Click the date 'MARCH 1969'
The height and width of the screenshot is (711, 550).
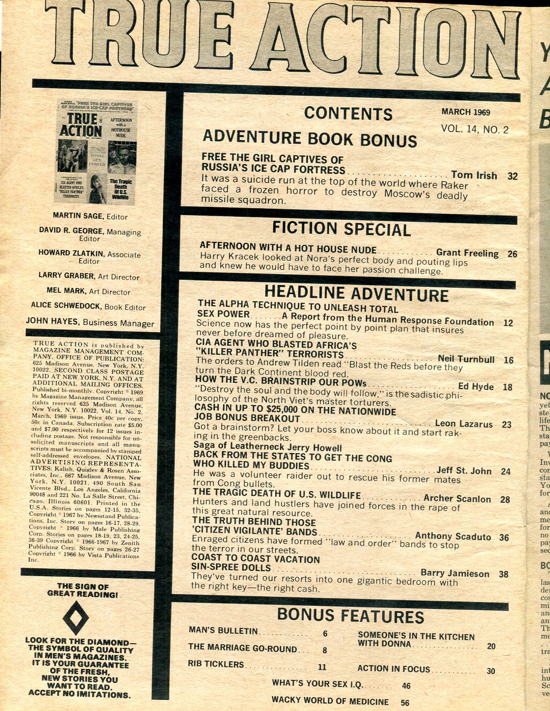pos(466,112)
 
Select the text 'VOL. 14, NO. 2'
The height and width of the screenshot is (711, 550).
pos(475,129)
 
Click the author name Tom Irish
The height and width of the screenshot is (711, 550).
pos(474,175)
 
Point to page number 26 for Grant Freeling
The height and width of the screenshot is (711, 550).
pos(512,254)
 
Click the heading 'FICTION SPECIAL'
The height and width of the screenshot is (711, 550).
pos(341,229)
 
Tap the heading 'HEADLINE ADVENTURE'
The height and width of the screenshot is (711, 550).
pos(356,294)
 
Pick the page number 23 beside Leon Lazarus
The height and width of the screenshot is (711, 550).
pos(507,424)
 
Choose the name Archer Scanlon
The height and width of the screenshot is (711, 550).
pos(457,498)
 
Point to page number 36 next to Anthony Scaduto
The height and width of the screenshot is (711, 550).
pos(504,537)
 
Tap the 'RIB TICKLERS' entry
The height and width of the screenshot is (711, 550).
pos(216,664)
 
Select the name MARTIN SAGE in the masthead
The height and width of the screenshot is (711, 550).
pos(78,216)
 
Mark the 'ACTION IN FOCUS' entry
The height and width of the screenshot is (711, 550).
pos(393,669)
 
